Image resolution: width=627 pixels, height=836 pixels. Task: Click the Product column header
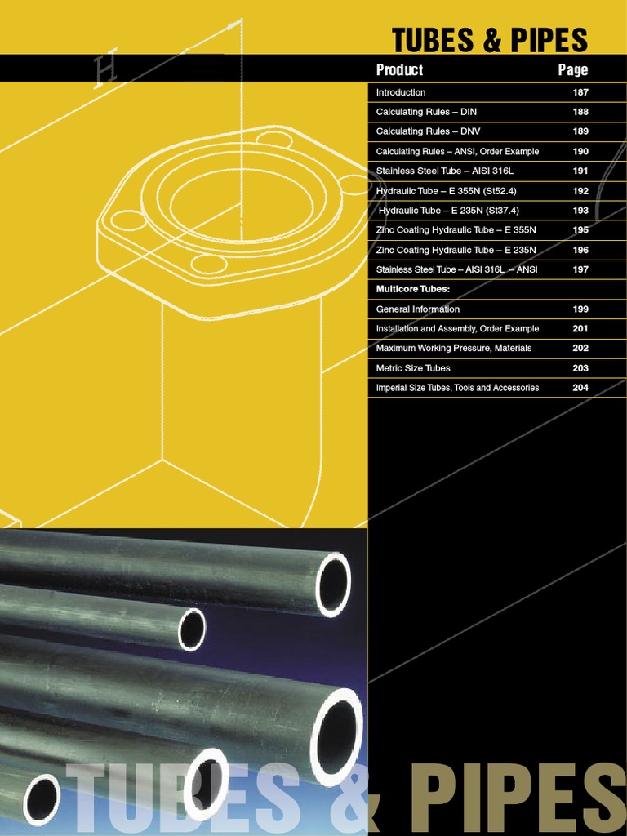tap(399, 70)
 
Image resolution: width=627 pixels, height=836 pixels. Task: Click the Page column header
tap(573, 70)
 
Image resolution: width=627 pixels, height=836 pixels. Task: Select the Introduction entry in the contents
tap(401, 92)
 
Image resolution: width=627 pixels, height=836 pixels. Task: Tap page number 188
tap(580, 112)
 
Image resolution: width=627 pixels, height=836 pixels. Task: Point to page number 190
tap(580, 151)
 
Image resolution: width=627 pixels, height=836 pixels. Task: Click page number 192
tap(580, 190)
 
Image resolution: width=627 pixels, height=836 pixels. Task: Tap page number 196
tap(580, 250)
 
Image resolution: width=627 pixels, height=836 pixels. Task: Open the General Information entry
tap(418, 309)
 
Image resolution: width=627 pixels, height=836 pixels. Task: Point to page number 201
tap(580, 328)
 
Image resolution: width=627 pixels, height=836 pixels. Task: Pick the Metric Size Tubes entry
tap(413, 368)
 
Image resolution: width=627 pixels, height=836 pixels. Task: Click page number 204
tap(580, 388)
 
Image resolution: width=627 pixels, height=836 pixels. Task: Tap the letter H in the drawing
tap(106, 71)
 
